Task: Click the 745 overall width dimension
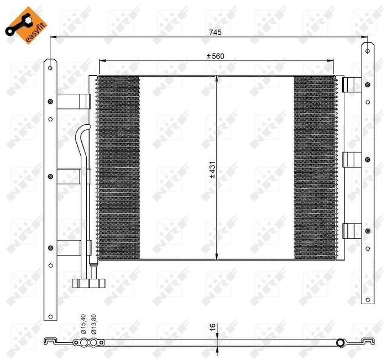click(215, 33)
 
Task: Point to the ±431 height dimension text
click(212, 168)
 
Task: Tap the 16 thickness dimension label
click(212, 327)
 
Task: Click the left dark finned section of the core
click(118, 168)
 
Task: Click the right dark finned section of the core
click(315, 168)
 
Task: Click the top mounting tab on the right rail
click(351, 84)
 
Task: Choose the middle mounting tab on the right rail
click(351, 160)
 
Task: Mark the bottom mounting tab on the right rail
click(351, 230)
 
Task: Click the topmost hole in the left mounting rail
click(50, 68)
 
